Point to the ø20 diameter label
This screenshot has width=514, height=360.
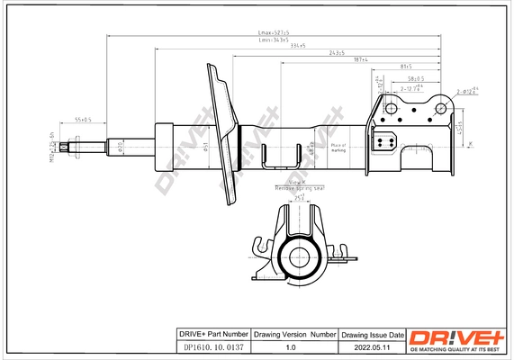click(x=122, y=146)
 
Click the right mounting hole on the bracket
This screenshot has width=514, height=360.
click(x=441, y=109)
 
